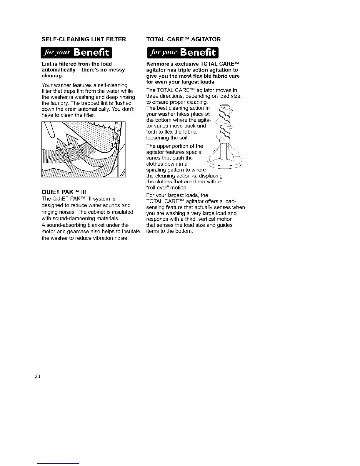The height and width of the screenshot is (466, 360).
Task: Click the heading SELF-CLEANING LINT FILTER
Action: pyautogui.click(x=84, y=39)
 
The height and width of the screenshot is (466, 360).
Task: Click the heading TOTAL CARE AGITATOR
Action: pyautogui.click(x=183, y=39)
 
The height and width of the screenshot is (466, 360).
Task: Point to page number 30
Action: pyautogui.click(x=37, y=377)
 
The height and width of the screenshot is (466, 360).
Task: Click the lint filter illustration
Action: pyautogui.click(x=84, y=149)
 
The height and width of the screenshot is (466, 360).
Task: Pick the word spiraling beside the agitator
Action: pyautogui.click(x=156, y=170)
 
